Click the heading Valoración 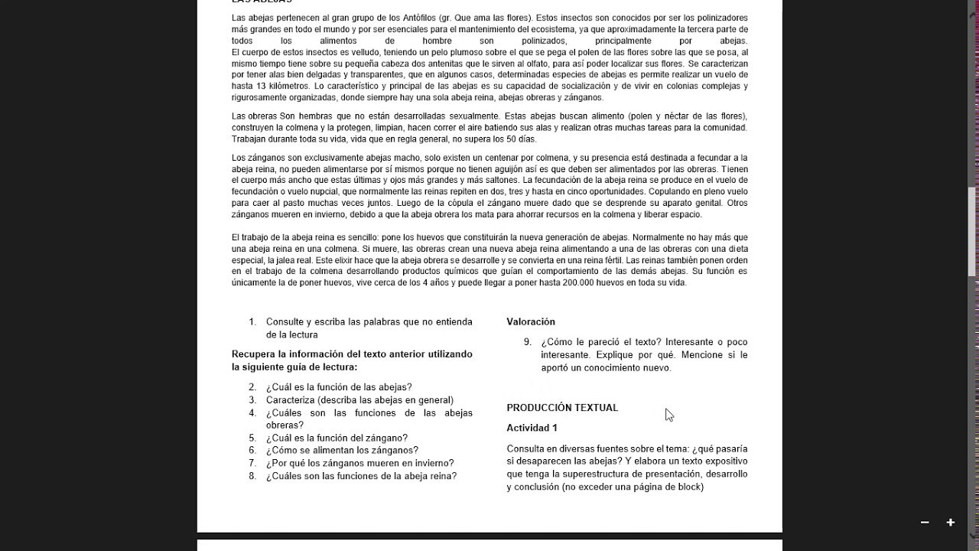coord(530,322)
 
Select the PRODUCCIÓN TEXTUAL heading coord(562,408)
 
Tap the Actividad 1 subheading coord(532,429)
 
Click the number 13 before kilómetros coord(261,86)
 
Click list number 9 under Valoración coord(527,342)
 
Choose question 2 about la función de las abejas coord(339,387)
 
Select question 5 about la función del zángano coord(337,439)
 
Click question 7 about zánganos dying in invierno coord(359,463)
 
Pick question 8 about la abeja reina coord(361,476)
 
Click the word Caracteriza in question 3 coord(291,400)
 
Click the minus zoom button coord(925,523)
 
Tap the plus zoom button coord(951,523)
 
